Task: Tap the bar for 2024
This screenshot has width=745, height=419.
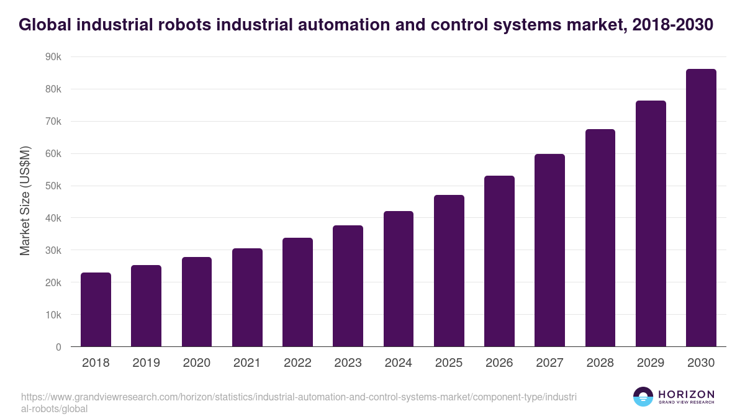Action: pyautogui.click(x=399, y=279)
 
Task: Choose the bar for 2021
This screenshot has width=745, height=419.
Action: pyautogui.click(x=247, y=297)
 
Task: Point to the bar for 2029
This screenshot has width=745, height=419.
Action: pyautogui.click(x=651, y=223)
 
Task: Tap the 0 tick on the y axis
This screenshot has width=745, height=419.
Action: pyautogui.click(x=58, y=347)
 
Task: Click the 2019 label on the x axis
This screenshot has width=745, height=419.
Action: pyautogui.click(x=146, y=363)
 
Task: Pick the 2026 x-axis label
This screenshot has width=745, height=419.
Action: pyautogui.click(x=499, y=363)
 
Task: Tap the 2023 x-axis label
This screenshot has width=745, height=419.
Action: pyautogui.click(x=348, y=363)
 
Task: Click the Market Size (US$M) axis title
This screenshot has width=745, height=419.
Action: pyautogui.click(x=25, y=202)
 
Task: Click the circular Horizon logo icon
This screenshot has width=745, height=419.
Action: pyautogui.click(x=643, y=397)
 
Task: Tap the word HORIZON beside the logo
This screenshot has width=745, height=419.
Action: pyautogui.click(x=686, y=394)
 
